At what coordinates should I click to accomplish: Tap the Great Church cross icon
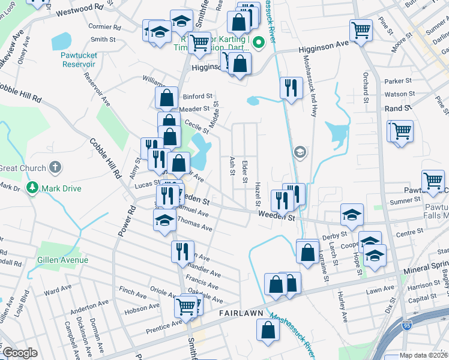pos(54,168)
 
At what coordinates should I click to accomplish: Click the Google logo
pos(20,353)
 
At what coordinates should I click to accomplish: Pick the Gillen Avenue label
pos(62,260)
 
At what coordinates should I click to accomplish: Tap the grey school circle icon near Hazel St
pos(299,153)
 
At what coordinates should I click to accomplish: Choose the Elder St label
pos(244,171)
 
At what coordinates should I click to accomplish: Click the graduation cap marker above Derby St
pos(352,214)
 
